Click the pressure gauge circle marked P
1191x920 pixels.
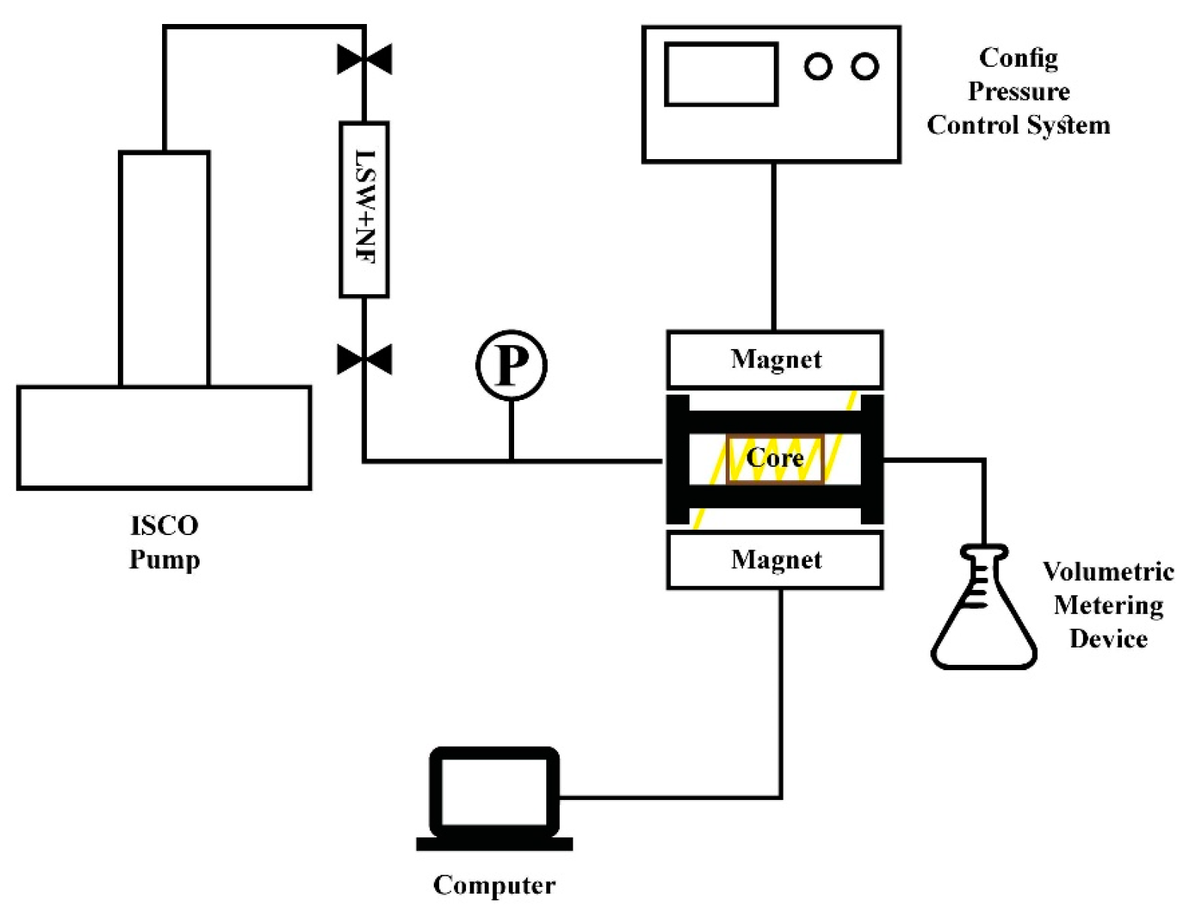(511, 365)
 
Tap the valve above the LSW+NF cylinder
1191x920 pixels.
(365, 59)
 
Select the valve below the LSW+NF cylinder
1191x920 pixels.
(365, 359)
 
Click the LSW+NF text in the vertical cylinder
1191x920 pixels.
(365, 208)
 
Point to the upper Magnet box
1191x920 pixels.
(775, 359)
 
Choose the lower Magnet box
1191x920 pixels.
(775, 560)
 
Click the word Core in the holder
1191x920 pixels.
(774, 457)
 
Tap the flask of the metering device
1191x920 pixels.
(984, 623)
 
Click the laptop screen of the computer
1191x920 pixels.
(495, 792)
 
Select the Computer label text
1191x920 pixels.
(495, 885)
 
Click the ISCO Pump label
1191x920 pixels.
(164, 543)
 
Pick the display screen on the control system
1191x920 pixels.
(720, 74)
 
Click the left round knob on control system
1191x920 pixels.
(818, 67)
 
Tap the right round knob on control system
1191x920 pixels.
(865, 67)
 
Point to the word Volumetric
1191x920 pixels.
(1108, 572)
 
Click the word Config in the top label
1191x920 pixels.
(1018, 59)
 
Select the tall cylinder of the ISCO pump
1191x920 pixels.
(164, 269)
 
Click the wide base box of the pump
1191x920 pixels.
(164, 437)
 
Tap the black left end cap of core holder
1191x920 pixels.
(678, 459)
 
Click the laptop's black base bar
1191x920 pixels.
(495, 844)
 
